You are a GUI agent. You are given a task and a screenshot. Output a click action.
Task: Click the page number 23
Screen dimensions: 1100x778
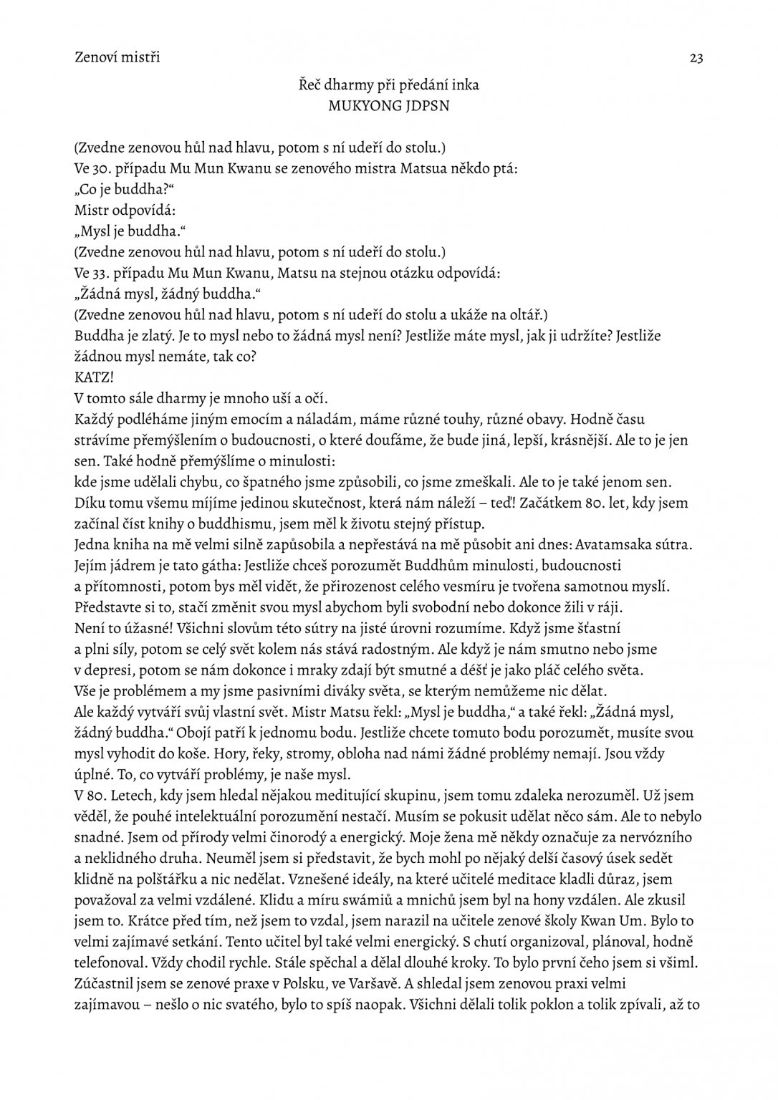696,58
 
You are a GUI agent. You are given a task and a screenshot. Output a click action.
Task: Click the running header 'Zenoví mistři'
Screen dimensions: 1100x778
117,57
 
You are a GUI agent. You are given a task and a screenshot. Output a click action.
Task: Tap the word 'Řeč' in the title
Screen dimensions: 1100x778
309,85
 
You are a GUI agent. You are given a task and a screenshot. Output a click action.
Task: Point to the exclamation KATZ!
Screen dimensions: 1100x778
94,377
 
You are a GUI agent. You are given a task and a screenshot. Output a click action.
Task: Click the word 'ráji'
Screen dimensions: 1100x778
608,607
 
